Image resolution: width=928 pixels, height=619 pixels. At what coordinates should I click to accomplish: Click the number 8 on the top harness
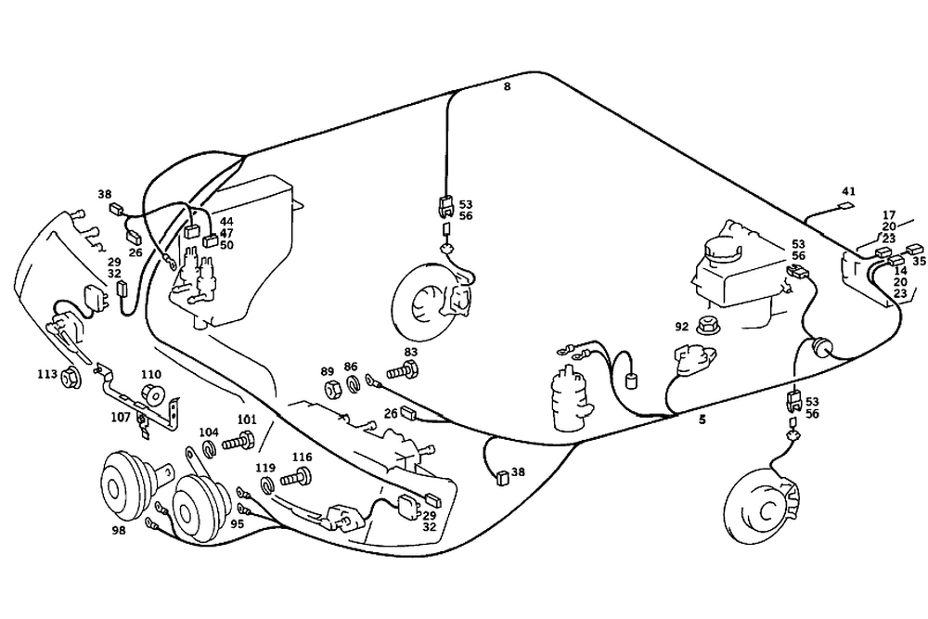click(507, 87)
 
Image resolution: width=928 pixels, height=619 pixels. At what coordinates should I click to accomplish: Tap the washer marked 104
click(210, 450)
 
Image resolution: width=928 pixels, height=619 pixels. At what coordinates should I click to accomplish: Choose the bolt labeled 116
click(298, 479)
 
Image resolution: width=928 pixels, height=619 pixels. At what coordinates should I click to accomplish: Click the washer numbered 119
click(267, 485)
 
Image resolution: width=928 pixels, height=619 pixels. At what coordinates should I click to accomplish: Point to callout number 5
click(702, 419)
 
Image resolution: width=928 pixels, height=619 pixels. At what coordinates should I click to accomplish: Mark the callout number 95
click(238, 523)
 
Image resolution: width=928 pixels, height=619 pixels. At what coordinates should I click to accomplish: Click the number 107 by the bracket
click(121, 417)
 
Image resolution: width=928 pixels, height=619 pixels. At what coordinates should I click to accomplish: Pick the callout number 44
click(226, 222)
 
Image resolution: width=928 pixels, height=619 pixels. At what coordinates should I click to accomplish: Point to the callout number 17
click(889, 214)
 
